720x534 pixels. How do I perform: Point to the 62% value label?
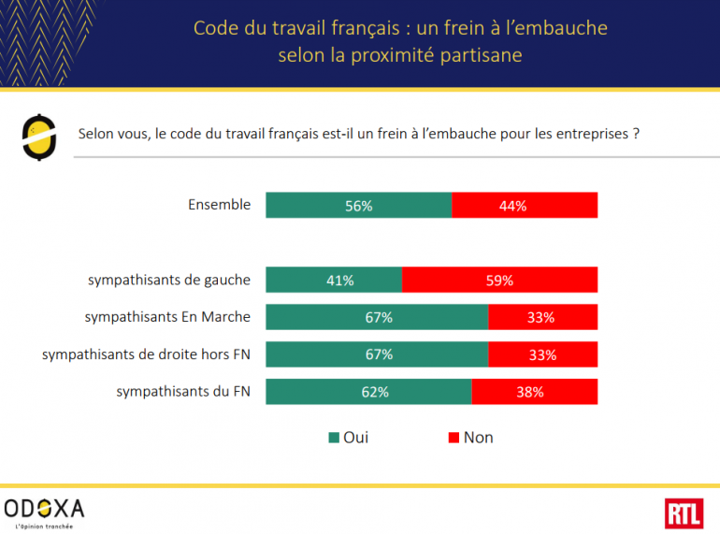(x=375, y=392)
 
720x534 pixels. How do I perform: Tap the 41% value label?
(x=339, y=280)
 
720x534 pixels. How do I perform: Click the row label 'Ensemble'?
(x=219, y=204)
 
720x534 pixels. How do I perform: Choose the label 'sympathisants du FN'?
(x=183, y=391)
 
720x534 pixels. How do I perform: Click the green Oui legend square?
(x=333, y=438)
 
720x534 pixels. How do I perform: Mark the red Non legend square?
(x=454, y=438)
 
